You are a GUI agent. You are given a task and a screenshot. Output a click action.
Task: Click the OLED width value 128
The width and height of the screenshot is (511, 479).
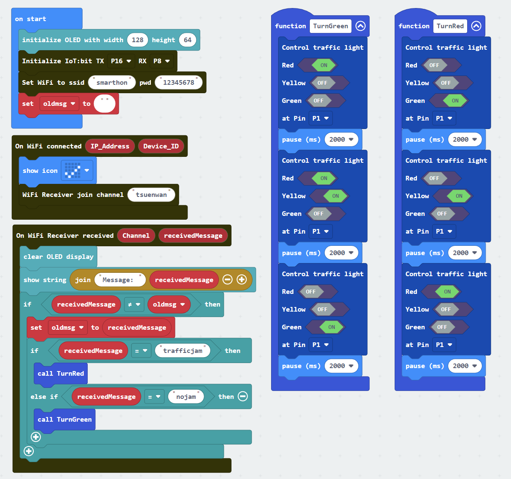[x=137, y=40]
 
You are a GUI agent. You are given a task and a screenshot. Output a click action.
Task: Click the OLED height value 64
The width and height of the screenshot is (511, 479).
[x=188, y=40]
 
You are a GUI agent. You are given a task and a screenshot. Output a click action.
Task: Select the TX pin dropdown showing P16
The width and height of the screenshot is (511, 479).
[x=121, y=61]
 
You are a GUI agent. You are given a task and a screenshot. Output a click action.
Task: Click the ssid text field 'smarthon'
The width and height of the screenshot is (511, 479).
[x=112, y=82]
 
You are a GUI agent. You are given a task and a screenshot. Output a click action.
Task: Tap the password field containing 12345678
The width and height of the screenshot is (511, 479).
[x=179, y=82]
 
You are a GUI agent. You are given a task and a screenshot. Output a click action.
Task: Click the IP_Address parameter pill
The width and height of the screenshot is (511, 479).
[x=110, y=146]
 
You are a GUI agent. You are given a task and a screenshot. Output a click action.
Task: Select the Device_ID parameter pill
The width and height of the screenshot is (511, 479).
[x=161, y=146]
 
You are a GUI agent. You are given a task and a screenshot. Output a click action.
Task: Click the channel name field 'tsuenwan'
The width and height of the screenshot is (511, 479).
[x=151, y=194]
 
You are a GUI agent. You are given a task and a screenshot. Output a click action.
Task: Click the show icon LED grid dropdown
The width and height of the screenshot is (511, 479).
[x=77, y=170]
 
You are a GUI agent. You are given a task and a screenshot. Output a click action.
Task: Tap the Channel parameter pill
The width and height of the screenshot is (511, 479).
[x=136, y=236]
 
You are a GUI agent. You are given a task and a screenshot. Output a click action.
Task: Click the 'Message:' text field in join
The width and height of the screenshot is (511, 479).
[x=120, y=280]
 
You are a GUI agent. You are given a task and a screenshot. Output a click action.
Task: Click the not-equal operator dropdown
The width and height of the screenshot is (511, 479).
[x=134, y=304]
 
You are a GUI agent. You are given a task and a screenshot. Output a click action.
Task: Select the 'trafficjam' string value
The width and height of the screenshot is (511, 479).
[x=183, y=350]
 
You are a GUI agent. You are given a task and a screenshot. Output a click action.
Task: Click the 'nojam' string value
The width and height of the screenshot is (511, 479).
[x=186, y=397]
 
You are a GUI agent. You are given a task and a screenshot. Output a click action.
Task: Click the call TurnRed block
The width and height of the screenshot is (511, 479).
[x=61, y=374]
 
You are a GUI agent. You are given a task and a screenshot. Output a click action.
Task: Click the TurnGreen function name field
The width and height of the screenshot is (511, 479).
[x=331, y=26]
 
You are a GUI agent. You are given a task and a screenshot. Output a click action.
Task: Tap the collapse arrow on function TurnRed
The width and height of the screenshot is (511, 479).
[x=476, y=26]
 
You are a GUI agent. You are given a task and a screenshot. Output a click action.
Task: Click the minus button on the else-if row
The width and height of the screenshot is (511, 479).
[x=243, y=396]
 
